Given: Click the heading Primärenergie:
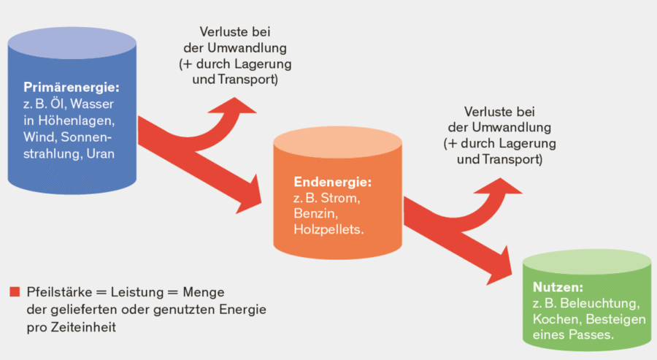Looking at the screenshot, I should (x=70, y=88).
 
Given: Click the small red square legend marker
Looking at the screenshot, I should (x=15, y=291).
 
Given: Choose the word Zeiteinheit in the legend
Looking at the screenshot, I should (x=80, y=326).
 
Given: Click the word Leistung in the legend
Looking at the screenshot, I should (x=137, y=291).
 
